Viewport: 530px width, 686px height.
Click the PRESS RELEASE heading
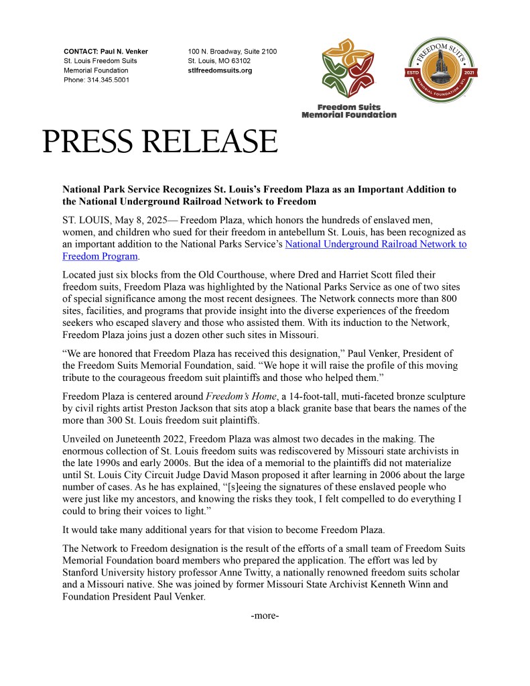(x=160, y=142)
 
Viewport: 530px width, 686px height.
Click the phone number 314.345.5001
(x=108, y=80)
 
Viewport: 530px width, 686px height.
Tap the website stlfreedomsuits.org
(x=220, y=70)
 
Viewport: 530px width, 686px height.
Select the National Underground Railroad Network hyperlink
(x=376, y=244)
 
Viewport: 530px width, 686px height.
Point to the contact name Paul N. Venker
(x=124, y=52)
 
